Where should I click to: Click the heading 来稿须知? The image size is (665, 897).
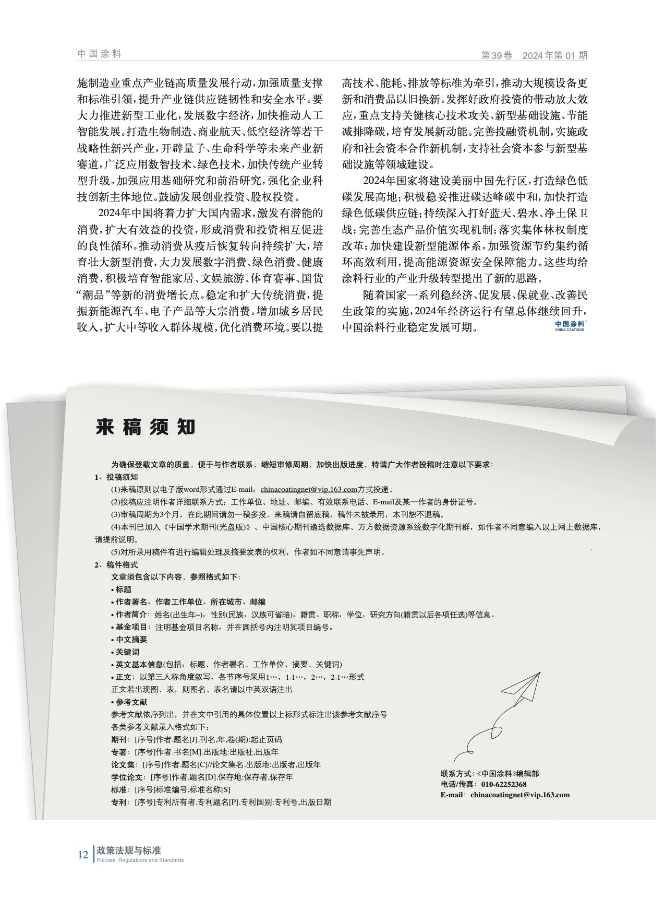[145, 427]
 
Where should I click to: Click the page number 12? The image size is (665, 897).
[83, 855]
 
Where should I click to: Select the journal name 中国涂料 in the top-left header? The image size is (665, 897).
[99, 54]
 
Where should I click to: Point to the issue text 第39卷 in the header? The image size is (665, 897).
[497, 56]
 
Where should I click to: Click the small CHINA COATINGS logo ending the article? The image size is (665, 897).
[569, 326]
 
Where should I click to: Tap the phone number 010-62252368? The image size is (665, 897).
[503, 784]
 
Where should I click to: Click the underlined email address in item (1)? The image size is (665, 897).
[308, 489]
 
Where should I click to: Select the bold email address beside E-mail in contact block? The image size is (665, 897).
[519, 795]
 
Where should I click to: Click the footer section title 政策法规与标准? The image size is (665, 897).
[125, 851]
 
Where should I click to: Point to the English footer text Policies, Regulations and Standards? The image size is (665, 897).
[138, 860]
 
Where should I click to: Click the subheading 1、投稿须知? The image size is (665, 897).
[116, 477]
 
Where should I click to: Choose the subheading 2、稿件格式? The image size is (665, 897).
[116, 564]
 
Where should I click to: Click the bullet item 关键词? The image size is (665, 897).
[127, 652]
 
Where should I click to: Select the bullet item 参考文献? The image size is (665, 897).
[131, 702]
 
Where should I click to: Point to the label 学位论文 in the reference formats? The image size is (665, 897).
[127, 777]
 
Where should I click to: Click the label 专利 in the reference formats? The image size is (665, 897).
[119, 802]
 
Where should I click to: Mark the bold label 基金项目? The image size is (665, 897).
[131, 627]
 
